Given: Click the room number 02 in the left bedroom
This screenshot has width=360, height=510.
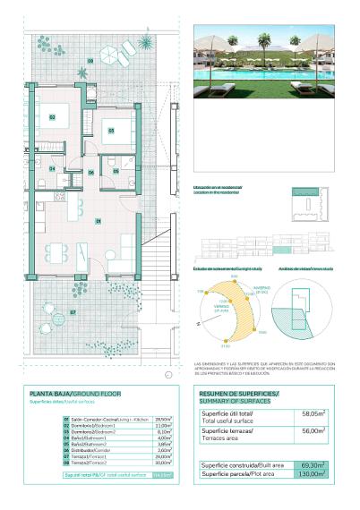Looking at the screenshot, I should tap(53, 117).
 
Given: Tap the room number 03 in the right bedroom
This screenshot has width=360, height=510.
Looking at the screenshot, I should tap(112, 131).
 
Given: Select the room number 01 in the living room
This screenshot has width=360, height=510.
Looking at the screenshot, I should tap(98, 221).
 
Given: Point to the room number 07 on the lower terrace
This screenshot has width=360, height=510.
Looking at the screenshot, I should tap(73, 312).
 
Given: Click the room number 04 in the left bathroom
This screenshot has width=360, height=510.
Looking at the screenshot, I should tap(53, 168).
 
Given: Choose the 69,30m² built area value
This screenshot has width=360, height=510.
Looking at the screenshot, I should tap(313, 464).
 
